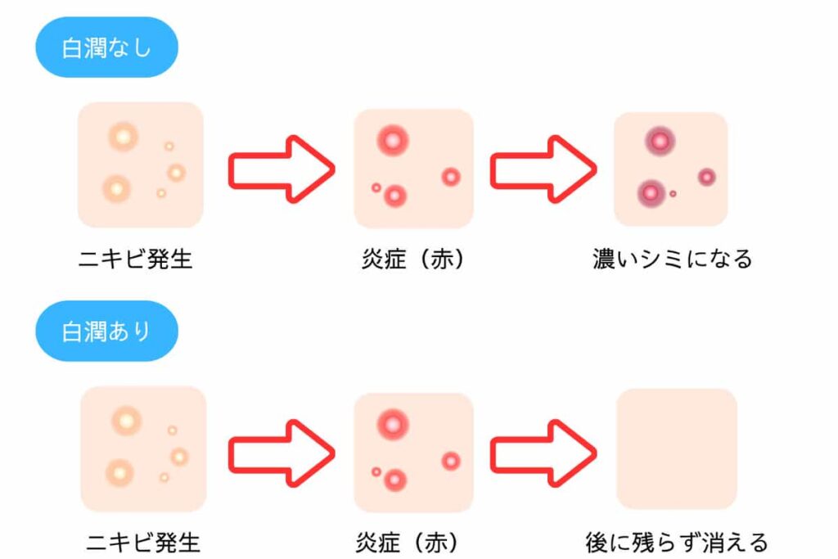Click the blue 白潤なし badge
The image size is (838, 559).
tap(106, 48)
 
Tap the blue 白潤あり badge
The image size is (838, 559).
tap(106, 331)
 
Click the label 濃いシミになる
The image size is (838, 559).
tap(672, 259)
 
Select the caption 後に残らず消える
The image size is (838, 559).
tap(677, 541)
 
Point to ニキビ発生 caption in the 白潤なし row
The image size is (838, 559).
tap(136, 259)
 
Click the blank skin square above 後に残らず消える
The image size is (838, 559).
tap(677, 449)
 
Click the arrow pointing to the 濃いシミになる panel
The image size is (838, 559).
tap(543, 169)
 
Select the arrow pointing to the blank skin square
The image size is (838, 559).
tap(543, 452)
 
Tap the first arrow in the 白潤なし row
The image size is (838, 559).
tap(281, 169)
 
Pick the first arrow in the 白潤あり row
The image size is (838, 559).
tap(281, 452)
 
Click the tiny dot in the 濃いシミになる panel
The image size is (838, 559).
tap(673, 194)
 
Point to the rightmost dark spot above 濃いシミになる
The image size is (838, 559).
tap(706, 177)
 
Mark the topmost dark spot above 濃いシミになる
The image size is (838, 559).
tap(658, 141)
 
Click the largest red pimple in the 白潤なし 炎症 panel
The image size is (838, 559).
tap(393, 141)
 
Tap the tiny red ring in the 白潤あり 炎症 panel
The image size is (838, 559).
tap(376, 471)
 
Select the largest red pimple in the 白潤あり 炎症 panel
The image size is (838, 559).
tap(393, 424)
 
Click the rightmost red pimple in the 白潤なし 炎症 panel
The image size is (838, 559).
tap(451, 177)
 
